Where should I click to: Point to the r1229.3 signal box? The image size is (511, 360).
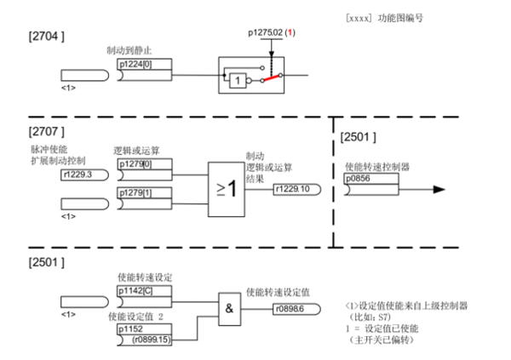coord(81,174)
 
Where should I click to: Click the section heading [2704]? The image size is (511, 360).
coord(44,37)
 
